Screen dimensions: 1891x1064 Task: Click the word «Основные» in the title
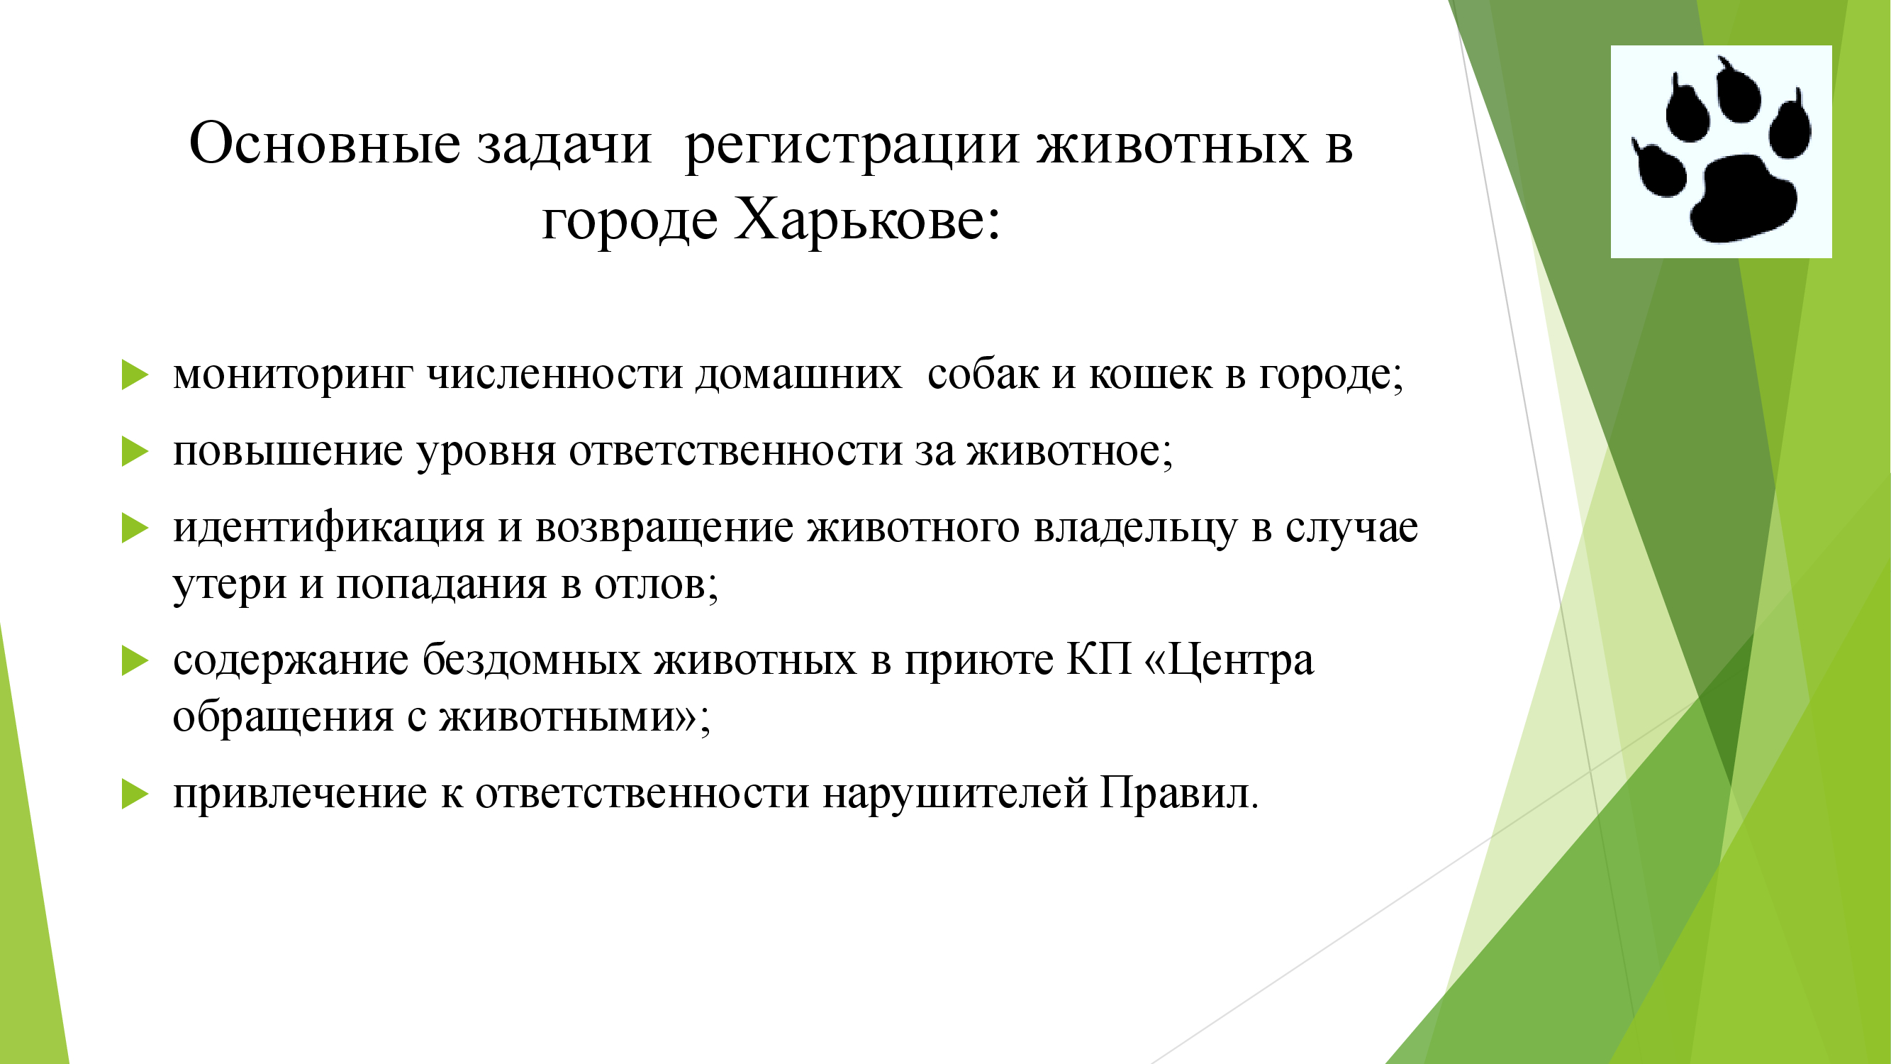[325, 143]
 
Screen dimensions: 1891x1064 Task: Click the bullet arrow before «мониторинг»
[135, 375]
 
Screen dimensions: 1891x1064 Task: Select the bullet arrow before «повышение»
[135, 451]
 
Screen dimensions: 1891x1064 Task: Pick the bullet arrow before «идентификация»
[135, 528]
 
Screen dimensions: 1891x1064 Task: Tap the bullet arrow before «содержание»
[135, 660]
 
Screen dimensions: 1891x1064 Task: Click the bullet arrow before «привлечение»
[135, 794]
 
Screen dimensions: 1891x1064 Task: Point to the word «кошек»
[1150, 375]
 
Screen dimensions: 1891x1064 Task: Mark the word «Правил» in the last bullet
[1173, 793]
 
